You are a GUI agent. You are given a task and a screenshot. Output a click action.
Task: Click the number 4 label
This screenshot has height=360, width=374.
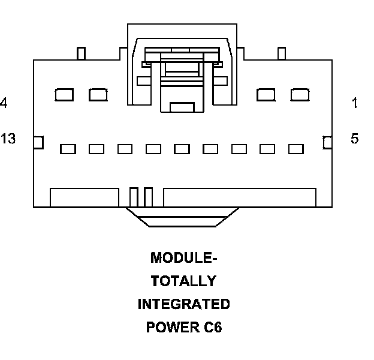(4, 103)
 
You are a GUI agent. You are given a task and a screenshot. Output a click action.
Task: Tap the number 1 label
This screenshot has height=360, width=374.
(355, 103)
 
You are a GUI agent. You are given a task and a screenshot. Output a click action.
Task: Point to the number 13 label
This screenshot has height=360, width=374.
(8, 139)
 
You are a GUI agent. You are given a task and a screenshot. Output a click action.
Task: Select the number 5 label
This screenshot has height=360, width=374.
(355, 139)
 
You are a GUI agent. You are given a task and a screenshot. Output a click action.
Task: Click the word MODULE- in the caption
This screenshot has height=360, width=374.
(183, 258)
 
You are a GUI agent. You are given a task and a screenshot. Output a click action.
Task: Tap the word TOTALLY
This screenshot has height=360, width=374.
(183, 281)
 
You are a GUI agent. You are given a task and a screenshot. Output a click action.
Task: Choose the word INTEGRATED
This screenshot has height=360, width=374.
(183, 304)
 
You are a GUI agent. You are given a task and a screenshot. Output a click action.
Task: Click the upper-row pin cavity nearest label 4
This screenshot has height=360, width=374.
(64, 94)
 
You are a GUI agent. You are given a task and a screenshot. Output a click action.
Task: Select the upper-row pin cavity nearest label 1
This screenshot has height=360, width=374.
(299, 94)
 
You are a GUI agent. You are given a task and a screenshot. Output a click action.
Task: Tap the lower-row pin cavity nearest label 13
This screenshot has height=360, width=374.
(68, 149)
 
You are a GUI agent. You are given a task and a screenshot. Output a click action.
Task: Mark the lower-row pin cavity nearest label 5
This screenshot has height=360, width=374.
(296, 149)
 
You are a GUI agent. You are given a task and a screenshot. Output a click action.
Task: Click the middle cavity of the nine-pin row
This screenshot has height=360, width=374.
(182, 149)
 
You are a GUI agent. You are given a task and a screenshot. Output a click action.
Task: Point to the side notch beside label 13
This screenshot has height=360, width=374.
(38, 142)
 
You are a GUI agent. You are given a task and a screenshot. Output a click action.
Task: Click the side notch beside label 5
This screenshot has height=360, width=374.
(327, 142)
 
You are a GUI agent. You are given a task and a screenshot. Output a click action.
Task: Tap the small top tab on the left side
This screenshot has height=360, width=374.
(81, 53)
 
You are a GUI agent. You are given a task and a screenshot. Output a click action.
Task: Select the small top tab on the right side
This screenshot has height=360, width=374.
(282, 53)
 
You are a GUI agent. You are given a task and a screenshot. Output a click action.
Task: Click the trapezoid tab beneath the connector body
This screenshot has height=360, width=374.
(183, 217)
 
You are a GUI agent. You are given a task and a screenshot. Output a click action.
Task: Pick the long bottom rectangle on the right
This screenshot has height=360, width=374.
(240, 197)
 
